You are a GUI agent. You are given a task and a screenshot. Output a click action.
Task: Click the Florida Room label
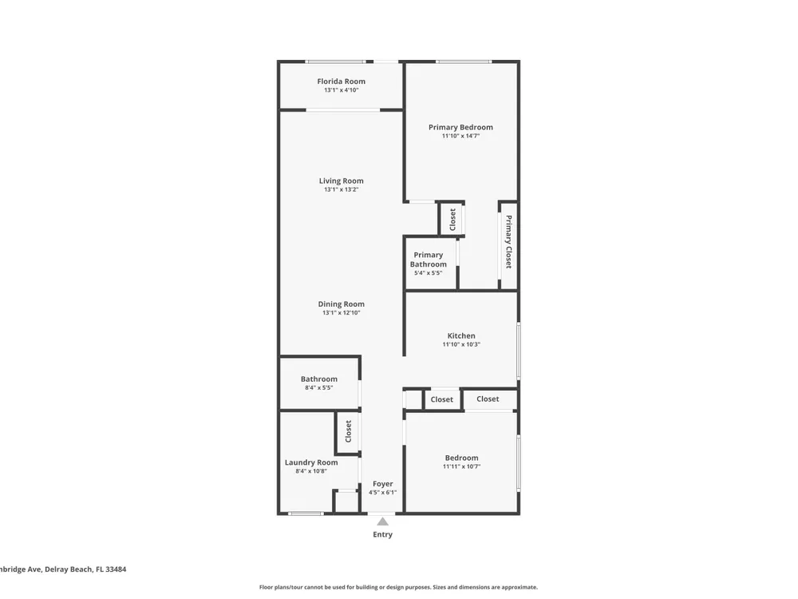(341, 81)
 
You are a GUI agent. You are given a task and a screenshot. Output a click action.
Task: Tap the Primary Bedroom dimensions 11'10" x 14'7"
(460, 136)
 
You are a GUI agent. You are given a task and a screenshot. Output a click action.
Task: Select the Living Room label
(341, 180)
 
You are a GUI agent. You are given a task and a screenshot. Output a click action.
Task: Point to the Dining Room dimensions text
(341, 313)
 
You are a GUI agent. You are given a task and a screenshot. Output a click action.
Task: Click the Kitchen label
(461, 335)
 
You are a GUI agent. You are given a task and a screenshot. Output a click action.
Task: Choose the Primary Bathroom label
(428, 260)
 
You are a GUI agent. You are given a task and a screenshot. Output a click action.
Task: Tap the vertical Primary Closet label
(508, 242)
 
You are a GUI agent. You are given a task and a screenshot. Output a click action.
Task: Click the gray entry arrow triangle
(383, 521)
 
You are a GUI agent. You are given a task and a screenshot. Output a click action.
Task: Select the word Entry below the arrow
(383, 534)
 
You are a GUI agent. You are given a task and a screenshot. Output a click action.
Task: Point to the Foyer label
(383, 484)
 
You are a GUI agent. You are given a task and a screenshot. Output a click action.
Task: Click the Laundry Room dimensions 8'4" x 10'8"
(311, 471)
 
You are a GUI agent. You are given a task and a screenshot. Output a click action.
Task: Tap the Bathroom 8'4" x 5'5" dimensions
(319, 387)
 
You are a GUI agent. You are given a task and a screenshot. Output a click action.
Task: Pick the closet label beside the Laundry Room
(349, 431)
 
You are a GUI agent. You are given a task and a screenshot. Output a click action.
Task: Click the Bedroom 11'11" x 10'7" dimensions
(461, 466)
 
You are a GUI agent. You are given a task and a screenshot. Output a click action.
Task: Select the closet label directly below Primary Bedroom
(452, 220)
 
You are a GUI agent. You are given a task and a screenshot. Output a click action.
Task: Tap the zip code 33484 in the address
(116, 569)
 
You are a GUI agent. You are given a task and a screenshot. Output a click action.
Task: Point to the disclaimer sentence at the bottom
(398, 587)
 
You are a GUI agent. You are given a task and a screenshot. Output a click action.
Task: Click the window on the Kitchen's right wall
(519, 351)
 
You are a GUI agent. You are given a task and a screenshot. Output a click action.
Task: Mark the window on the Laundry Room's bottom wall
(306, 514)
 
